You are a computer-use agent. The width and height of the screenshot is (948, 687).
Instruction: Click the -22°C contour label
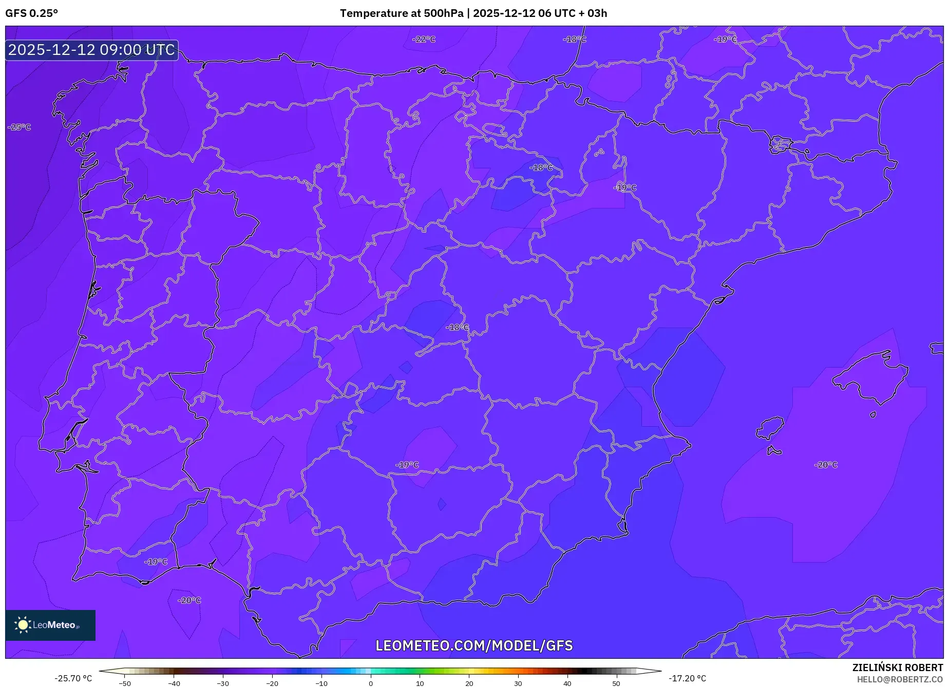pyautogui.click(x=424, y=40)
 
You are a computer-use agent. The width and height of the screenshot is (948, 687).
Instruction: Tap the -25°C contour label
pyautogui.click(x=20, y=127)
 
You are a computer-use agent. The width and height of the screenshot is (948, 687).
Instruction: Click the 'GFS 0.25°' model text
pyautogui.click(x=32, y=13)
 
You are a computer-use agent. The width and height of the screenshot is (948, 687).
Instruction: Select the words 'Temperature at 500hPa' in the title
pyautogui.click(x=401, y=13)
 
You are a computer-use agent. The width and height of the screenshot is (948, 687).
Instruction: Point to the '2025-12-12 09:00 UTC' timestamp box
pyautogui.click(x=92, y=50)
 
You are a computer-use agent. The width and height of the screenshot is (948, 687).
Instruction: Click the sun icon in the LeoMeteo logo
pyautogui.click(x=23, y=625)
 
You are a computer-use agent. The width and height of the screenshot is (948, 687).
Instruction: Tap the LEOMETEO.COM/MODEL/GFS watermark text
pyautogui.click(x=474, y=646)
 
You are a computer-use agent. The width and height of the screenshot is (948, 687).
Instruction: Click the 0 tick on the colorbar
pyautogui.click(x=371, y=683)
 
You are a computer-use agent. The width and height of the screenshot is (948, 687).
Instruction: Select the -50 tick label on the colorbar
pyautogui.click(x=125, y=683)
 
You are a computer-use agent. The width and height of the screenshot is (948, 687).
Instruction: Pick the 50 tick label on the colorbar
pyautogui.click(x=616, y=683)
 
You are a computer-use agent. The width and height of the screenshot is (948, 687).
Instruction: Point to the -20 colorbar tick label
pyautogui.click(x=272, y=683)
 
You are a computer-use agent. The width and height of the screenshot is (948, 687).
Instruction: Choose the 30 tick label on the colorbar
pyautogui.click(x=518, y=683)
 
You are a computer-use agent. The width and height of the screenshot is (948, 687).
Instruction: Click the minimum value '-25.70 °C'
pyautogui.click(x=73, y=679)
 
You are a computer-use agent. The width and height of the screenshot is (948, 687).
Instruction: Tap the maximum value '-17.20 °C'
pyautogui.click(x=687, y=679)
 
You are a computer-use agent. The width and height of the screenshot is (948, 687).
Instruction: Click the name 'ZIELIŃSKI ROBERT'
pyautogui.click(x=898, y=668)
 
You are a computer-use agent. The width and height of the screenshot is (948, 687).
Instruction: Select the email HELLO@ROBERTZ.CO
pyautogui.click(x=900, y=679)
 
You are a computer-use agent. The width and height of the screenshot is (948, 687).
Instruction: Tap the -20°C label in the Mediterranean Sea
pyautogui.click(x=826, y=465)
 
